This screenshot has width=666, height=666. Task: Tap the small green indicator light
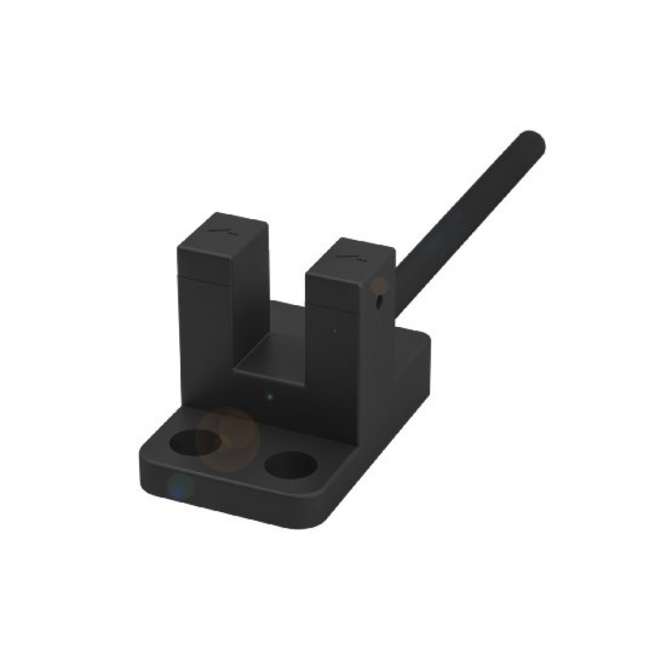pyautogui.click(x=269, y=398)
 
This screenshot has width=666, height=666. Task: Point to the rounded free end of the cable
pyautogui.click(x=535, y=141)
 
